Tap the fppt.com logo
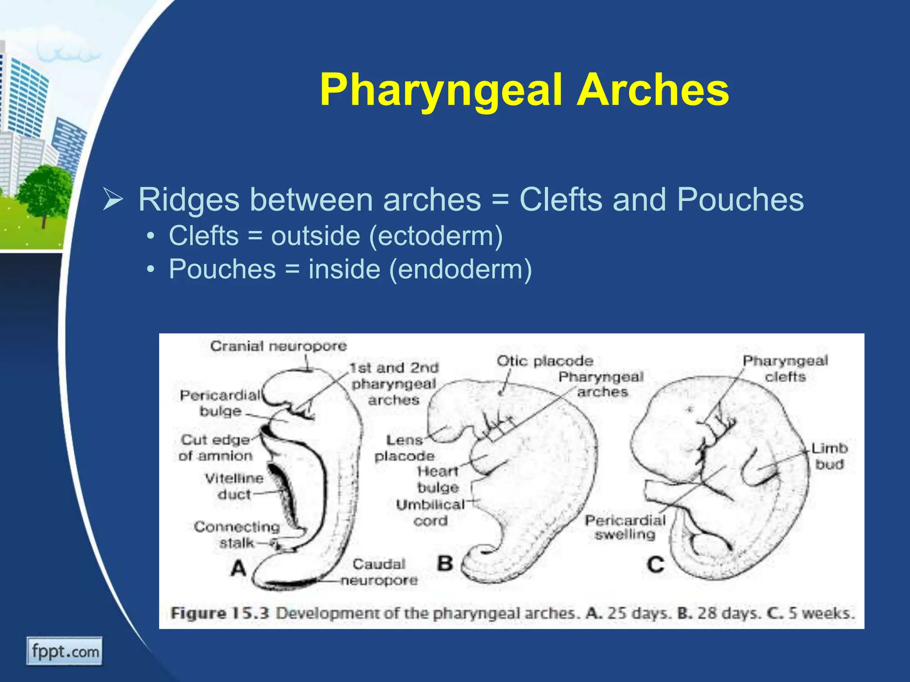point(64,651)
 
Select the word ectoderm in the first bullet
point(435,236)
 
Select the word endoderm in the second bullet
point(460,270)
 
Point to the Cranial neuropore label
point(278,346)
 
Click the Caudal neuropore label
point(379,572)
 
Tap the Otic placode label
point(545,361)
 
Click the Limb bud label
point(829,456)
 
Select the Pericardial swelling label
point(625,527)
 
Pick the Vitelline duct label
point(234,486)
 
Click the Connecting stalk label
point(237,535)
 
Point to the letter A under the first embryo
point(239,568)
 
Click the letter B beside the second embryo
point(444,563)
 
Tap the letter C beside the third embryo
point(655,565)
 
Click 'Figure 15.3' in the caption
point(220,613)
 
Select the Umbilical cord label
point(430,512)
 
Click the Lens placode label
point(404,448)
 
